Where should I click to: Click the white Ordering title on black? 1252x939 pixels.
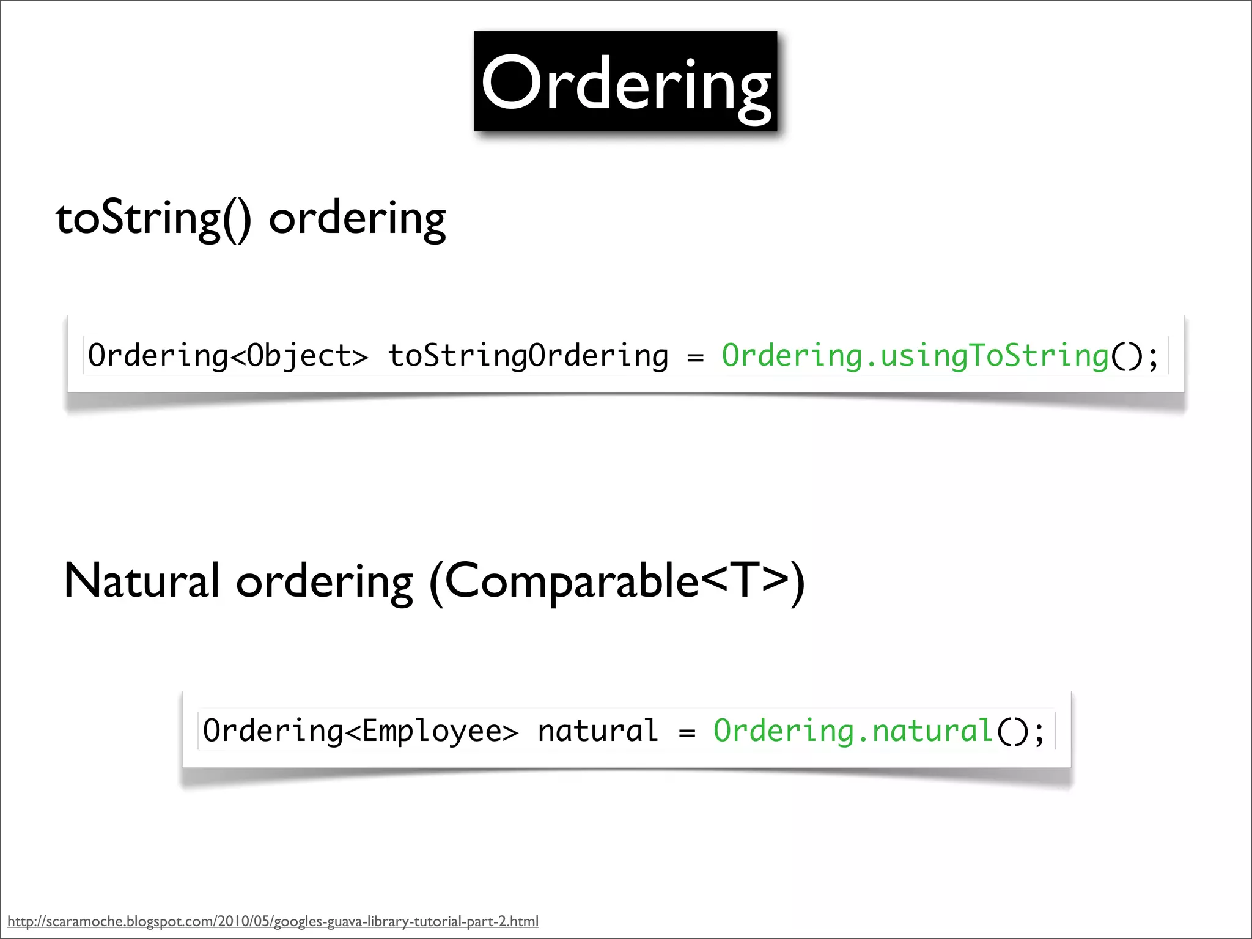click(625, 83)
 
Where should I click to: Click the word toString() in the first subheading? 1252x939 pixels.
click(153, 219)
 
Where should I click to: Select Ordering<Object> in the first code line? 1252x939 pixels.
click(228, 356)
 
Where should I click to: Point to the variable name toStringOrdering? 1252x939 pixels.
click(528, 356)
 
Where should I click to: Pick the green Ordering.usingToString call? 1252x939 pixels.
click(915, 356)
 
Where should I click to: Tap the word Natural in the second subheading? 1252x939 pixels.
click(141, 581)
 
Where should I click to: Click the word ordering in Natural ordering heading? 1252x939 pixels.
click(325, 582)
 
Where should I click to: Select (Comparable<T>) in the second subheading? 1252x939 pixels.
click(617, 582)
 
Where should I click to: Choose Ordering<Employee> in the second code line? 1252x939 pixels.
click(361, 731)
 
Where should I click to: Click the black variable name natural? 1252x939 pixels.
click(597, 731)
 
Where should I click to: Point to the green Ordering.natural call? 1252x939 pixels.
click(853, 731)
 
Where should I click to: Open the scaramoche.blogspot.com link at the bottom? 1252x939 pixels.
click(273, 921)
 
